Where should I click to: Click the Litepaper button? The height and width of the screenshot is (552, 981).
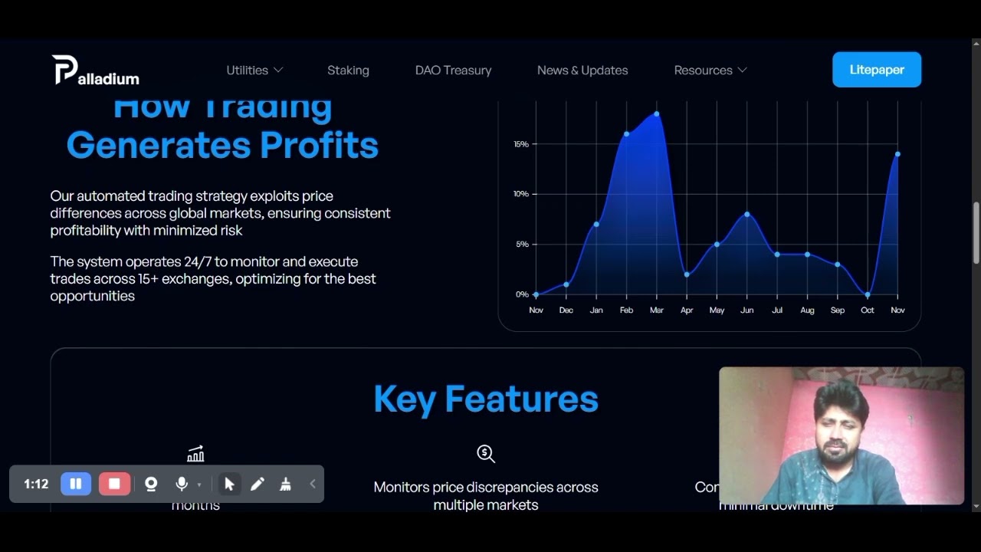click(x=877, y=70)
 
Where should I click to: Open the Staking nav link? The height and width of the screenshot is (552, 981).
click(x=348, y=70)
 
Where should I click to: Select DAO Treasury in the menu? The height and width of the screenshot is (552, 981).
click(x=453, y=70)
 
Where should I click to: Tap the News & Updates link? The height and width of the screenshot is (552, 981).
click(x=582, y=70)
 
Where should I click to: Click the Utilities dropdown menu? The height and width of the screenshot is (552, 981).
click(x=254, y=70)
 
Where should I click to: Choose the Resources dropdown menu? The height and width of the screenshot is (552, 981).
click(x=710, y=70)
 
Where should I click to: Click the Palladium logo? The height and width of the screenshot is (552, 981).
click(x=96, y=71)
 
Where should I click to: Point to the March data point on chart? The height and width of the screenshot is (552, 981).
click(x=657, y=114)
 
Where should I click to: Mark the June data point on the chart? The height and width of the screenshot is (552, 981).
click(x=747, y=214)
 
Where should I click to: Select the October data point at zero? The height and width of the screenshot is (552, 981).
click(x=868, y=294)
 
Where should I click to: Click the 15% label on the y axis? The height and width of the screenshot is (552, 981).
click(x=521, y=144)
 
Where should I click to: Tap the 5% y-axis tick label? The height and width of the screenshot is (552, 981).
click(x=522, y=245)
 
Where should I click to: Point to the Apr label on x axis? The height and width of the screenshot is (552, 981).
click(x=687, y=310)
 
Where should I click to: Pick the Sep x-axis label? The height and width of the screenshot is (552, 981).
click(x=838, y=310)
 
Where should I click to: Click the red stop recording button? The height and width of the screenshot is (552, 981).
click(x=114, y=484)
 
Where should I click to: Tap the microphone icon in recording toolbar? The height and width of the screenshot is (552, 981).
click(x=182, y=484)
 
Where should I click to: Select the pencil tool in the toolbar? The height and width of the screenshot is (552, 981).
click(x=258, y=484)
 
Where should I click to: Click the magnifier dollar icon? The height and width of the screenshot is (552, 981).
click(x=486, y=454)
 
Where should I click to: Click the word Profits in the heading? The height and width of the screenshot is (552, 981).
click(x=319, y=145)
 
